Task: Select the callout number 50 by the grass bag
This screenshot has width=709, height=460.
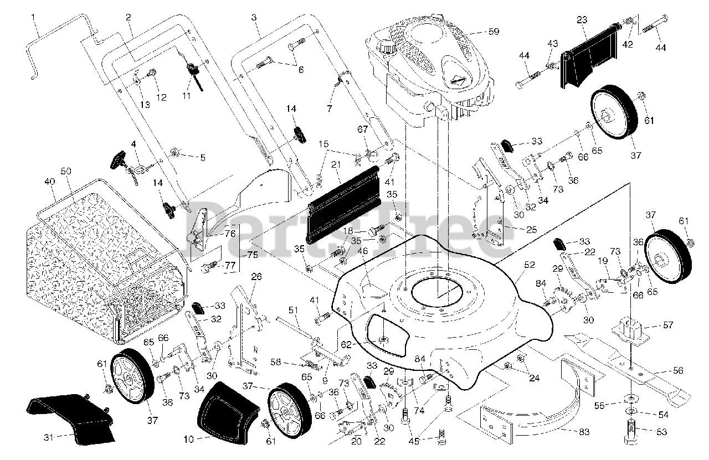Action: coord(66,172)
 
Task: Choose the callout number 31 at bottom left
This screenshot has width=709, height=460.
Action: coord(51,437)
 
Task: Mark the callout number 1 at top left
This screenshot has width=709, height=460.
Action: coord(34,17)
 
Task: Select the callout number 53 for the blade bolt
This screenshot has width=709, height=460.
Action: coord(661,432)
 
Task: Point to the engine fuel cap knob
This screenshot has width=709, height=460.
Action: coord(384,46)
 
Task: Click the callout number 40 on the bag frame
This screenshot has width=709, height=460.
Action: coord(50,182)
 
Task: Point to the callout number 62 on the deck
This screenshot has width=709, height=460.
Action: coord(346,344)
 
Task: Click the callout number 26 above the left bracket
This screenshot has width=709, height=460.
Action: coord(256,276)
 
